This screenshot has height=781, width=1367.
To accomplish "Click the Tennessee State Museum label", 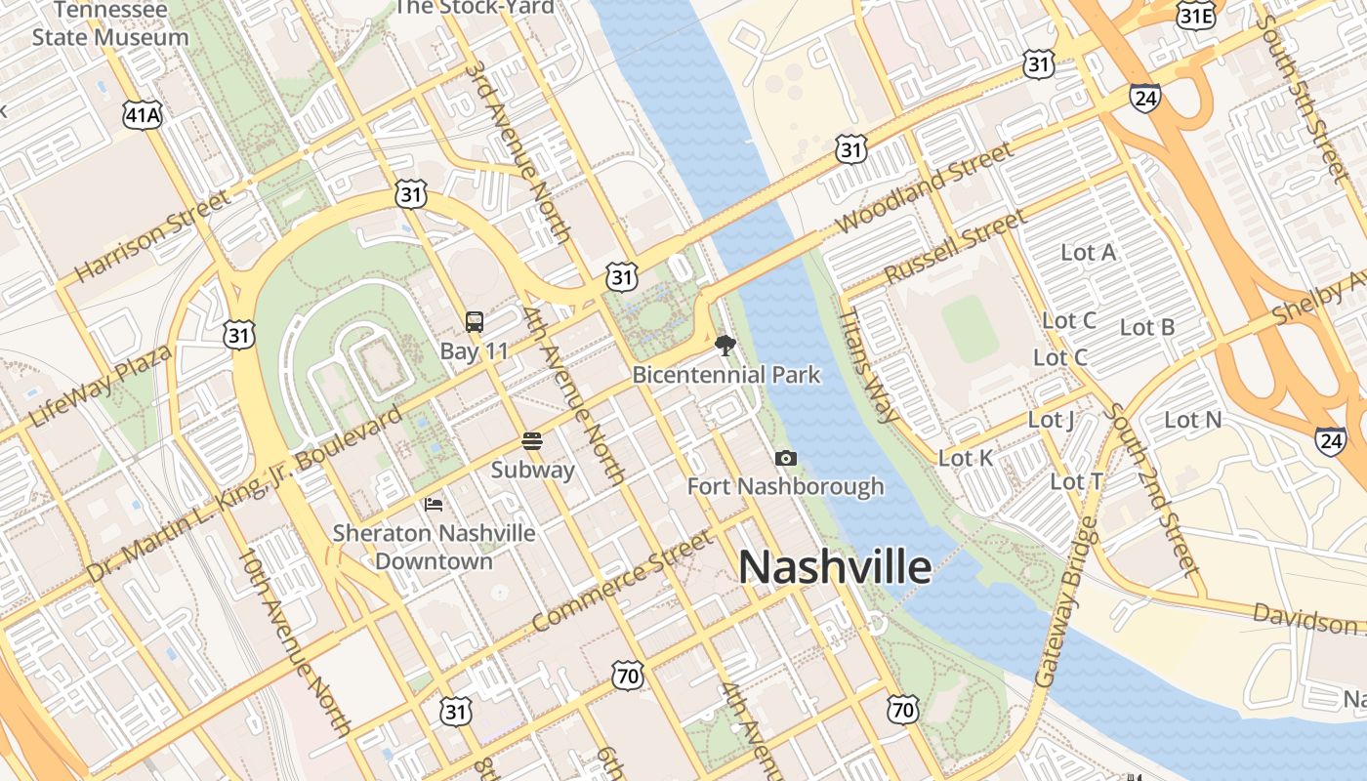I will click(x=110, y=24).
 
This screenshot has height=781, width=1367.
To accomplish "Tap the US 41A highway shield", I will click(x=142, y=114).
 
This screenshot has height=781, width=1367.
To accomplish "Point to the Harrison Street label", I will click(x=152, y=236).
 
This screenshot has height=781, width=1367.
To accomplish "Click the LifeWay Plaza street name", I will click(x=100, y=386).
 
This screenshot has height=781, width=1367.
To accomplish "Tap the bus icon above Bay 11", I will click(x=475, y=321).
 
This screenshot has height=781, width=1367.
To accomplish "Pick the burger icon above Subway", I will click(x=532, y=440).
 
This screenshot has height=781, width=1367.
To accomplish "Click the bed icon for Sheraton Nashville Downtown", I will click(x=435, y=504).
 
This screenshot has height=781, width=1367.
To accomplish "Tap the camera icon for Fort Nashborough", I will click(x=785, y=458).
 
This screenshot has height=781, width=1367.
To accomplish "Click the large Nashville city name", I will click(x=835, y=566).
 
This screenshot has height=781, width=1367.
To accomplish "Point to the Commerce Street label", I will click(x=623, y=582).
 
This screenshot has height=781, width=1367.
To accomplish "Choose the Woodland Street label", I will click(x=924, y=189).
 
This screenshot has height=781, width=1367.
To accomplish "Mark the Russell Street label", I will click(x=954, y=246).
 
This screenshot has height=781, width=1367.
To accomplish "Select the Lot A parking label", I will click(x=1088, y=253).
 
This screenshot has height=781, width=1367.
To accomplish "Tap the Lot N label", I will click(x=1193, y=420).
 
